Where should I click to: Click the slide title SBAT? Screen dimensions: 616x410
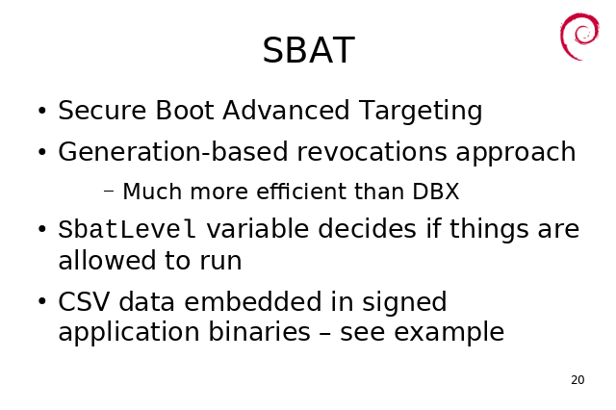coord(308,50)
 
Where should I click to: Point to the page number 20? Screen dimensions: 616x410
coord(577,380)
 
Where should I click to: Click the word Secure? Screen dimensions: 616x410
coord(102,110)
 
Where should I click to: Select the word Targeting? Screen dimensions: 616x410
coord(421,111)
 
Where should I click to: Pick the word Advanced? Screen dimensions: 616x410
coord(286,110)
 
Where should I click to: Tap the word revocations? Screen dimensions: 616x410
coord(372,152)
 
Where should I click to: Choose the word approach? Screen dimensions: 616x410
coord(516,153)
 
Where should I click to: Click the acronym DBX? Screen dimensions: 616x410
coord(436,192)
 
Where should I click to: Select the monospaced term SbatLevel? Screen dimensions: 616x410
coord(127,229)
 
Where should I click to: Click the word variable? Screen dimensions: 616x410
coord(258,228)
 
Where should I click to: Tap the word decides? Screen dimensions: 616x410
coord(367,228)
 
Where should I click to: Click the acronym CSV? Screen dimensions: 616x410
coord(84,301)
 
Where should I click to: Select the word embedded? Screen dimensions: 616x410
coord(253,301)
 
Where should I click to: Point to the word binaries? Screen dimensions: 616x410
coord(259,332)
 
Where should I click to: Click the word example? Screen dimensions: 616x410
coord(449,333)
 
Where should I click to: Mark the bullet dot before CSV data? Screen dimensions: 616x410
coord(42,301)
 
